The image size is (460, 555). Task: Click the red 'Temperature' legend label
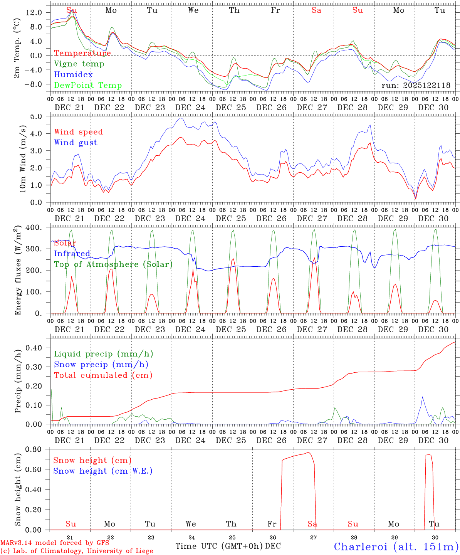click(82, 53)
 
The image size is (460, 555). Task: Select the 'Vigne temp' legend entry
click(79, 64)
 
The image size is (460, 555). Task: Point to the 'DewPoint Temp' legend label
click(88, 86)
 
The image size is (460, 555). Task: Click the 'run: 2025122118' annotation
click(416, 85)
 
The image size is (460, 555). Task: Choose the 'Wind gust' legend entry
click(76, 143)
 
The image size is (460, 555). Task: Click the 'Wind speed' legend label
click(79, 132)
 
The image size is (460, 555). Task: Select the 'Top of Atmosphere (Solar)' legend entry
click(113, 264)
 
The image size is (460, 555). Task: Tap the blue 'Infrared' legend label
click(72, 254)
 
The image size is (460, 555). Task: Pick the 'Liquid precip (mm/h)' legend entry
click(104, 354)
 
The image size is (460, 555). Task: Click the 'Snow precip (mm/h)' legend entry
click(101, 365)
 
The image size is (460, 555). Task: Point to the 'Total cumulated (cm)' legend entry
click(103, 375)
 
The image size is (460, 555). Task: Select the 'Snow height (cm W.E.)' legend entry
click(103, 471)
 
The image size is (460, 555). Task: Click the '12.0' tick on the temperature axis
click(34, 13)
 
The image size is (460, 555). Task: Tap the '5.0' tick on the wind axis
click(36, 116)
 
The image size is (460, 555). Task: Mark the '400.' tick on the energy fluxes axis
click(34, 227)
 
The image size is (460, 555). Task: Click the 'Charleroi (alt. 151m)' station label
click(396, 547)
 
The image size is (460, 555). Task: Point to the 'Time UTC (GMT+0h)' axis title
click(219, 546)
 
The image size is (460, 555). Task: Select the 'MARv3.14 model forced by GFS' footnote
click(55, 543)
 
